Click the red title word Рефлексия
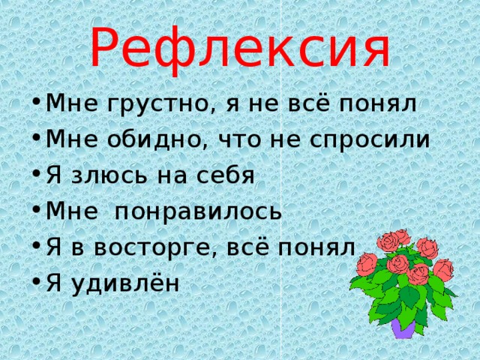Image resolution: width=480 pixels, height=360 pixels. [240, 46]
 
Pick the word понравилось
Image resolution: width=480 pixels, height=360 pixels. [197, 211]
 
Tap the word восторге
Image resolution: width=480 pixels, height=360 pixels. [146, 247]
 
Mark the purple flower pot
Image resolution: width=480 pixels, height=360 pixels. [403, 327]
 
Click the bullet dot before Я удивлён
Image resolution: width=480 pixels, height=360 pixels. [37, 283]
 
